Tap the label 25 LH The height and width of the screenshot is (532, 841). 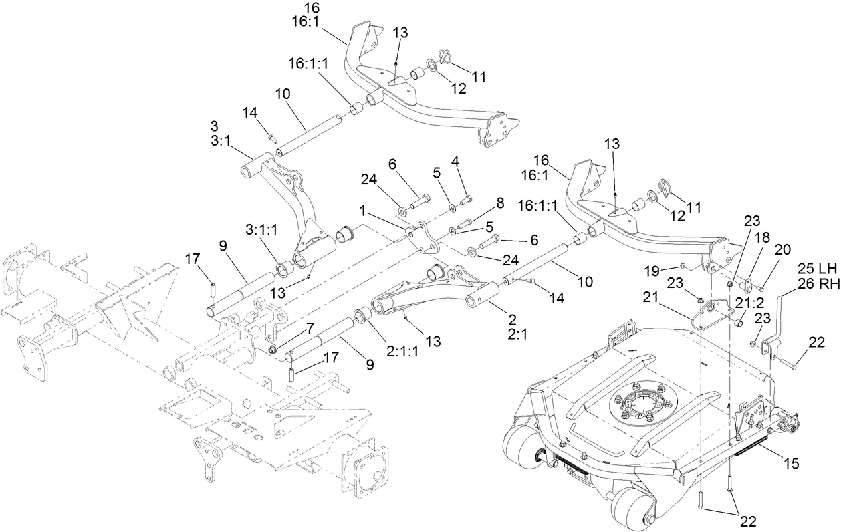point(817,269)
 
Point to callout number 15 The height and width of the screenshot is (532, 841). point(791,462)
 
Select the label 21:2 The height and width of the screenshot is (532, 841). point(750,303)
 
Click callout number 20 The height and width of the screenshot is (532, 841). point(783,249)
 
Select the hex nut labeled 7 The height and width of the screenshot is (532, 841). point(275,350)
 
